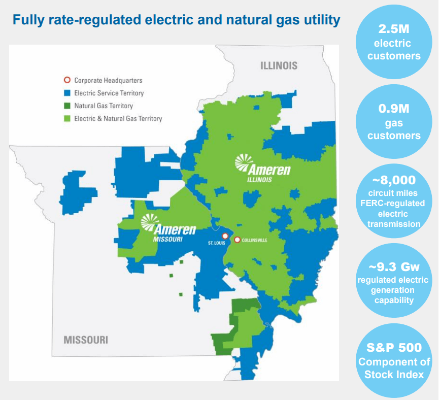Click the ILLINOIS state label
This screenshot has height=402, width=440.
279,66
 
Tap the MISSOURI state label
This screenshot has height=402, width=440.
85,340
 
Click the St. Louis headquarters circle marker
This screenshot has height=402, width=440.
225,236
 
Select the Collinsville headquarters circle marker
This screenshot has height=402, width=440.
237,240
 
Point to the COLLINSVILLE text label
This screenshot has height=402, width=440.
254,240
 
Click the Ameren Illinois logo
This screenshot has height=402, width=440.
262,168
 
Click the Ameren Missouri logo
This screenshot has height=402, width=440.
168,227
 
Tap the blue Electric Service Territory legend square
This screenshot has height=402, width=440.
66,93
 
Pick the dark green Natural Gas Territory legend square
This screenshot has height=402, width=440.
66,106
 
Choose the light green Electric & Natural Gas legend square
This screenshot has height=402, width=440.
66,119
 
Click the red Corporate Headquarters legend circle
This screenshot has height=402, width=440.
66,80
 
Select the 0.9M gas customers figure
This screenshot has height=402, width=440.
394,109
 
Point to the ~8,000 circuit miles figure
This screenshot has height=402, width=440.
394,180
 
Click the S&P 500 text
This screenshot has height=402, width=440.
394,348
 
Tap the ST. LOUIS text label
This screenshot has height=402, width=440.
217,243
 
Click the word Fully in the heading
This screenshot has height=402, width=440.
26,20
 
